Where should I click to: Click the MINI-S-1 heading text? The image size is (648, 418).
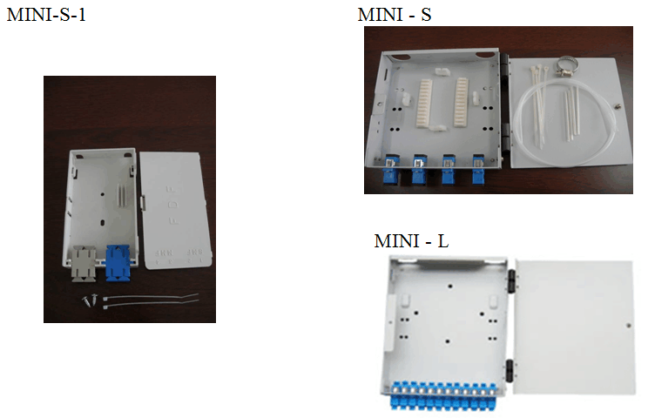point(46,15)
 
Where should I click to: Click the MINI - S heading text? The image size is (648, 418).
point(395,15)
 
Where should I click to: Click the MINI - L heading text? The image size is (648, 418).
point(411,241)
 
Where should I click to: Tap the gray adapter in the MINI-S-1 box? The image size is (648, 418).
point(84,264)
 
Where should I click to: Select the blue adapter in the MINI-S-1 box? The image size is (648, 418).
point(118,263)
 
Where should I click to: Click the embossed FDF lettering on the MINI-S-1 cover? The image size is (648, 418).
point(172,205)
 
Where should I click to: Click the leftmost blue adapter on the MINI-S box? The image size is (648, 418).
point(390,169)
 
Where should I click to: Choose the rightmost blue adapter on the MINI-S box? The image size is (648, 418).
point(479,169)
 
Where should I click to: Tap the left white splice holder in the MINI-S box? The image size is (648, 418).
point(425,103)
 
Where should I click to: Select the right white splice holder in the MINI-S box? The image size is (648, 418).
point(462,102)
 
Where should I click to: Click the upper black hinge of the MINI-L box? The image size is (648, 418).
point(511,281)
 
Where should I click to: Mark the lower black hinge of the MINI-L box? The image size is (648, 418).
point(510,370)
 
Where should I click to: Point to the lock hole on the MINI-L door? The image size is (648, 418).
point(629,326)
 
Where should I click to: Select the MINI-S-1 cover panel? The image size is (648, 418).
point(176,210)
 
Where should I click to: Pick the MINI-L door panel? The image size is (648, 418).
point(574,327)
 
